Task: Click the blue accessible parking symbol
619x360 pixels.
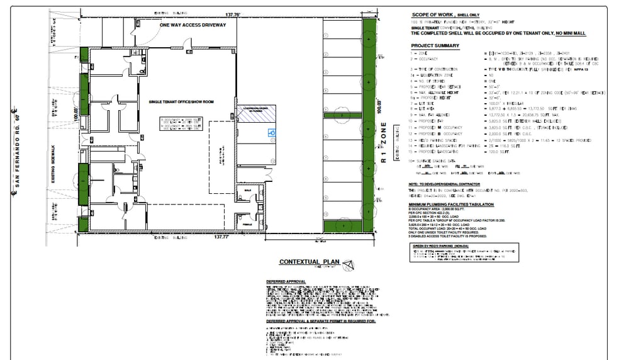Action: point(272,133)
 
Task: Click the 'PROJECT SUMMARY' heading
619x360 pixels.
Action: point(435,46)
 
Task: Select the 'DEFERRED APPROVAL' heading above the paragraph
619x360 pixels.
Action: point(287,281)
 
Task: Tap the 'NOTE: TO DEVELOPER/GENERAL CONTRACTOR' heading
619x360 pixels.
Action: point(448,183)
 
